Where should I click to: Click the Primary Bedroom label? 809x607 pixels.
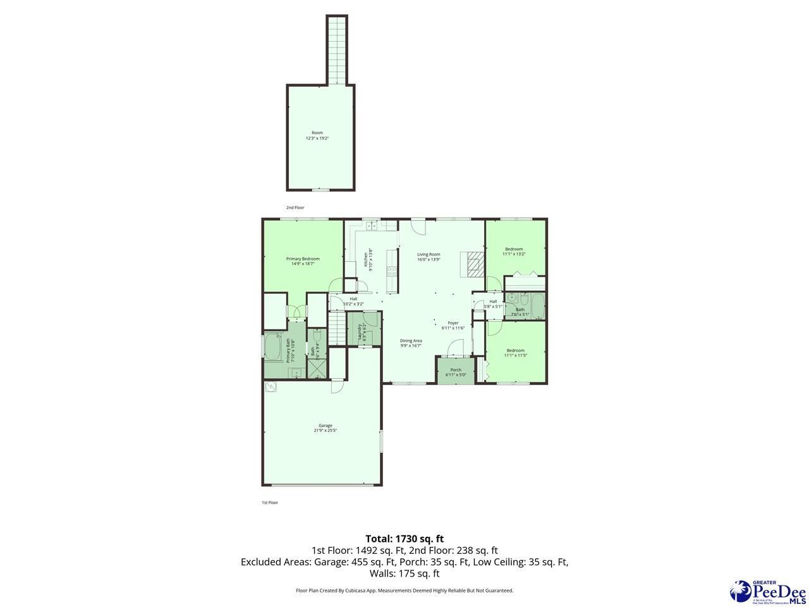click(303, 261)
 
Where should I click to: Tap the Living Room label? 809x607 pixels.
click(429, 257)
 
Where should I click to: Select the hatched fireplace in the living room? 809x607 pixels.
click(474, 264)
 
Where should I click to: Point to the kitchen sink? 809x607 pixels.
click(372, 225)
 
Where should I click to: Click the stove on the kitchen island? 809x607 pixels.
click(392, 272)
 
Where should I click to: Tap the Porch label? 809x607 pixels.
click(456, 372)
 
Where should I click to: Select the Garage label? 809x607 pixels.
click(325, 428)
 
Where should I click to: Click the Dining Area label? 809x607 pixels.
click(411, 343)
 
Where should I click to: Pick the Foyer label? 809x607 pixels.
click(453, 325)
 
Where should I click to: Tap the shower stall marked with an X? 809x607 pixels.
click(316, 368)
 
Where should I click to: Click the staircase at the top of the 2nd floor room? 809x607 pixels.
click(337, 49)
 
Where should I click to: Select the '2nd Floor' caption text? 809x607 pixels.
click(295, 207)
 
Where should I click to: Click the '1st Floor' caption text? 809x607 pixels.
click(270, 503)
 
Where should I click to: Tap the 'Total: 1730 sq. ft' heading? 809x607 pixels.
click(404, 539)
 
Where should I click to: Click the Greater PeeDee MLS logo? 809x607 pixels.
click(767, 591)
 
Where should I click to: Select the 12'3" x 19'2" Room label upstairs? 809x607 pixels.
click(317, 135)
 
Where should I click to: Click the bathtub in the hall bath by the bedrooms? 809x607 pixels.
click(538, 307)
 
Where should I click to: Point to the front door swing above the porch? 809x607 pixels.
click(456, 347)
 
